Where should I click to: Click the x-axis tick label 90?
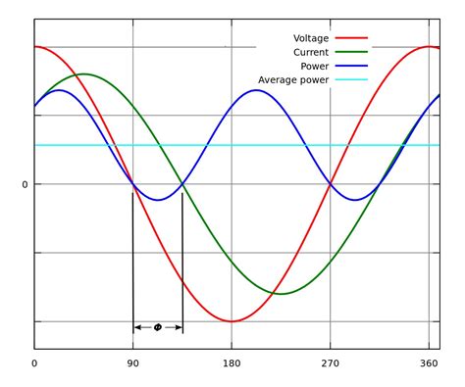tap(132, 363)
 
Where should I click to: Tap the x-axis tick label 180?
tap(232, 363)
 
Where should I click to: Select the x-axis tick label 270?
tap(331, 363)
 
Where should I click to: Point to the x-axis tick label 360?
tap(429, 363)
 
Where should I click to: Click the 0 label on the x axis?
tap(34, 363)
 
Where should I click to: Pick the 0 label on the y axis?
tap(25, 184)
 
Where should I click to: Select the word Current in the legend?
tap(311, 52)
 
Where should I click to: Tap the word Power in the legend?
tap(315, 66)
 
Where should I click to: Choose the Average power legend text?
tap(293, 80)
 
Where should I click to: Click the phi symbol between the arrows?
tap(158, 327)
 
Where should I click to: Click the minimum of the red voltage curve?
tap(232, 321)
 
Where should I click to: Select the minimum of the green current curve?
tap(281, 294)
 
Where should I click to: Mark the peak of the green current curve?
tap(83, 73)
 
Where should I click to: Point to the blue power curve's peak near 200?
tap(256, 90)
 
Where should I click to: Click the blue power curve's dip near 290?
tap(355, 200)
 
